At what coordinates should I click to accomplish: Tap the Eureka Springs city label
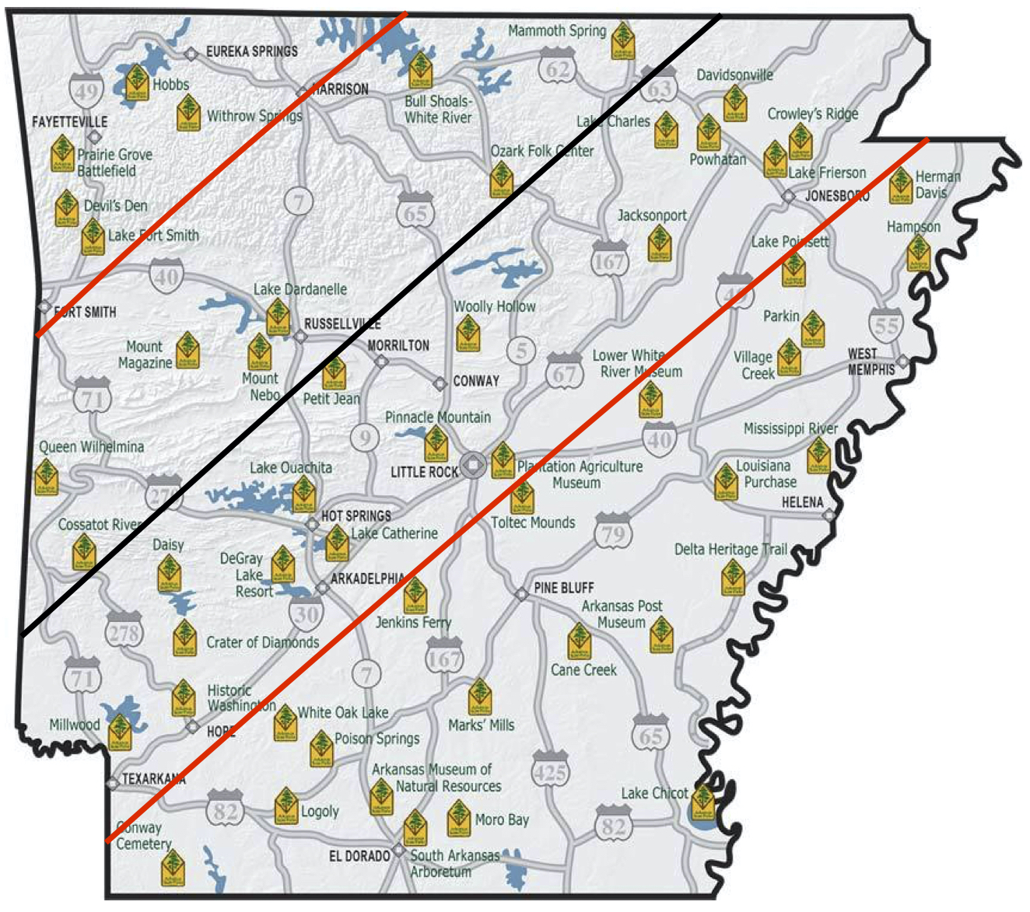pos(251,51)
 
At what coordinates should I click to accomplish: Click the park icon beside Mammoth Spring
pos(622,40)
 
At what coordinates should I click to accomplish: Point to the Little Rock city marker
pos(472,465)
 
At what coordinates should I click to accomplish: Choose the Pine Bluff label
pos(564,588)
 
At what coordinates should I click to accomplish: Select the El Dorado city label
pos(359,856)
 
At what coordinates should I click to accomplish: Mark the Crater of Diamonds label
pos(262,642)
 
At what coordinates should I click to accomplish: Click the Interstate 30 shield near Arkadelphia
pos(307,613)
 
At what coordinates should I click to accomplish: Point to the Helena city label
pos(802,502)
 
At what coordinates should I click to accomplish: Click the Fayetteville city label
pos(70,122)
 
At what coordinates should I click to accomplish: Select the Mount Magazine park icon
pos(187,350)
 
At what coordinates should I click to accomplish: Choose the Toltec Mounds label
pos(533,522)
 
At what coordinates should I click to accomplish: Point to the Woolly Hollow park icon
pos(468,333)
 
